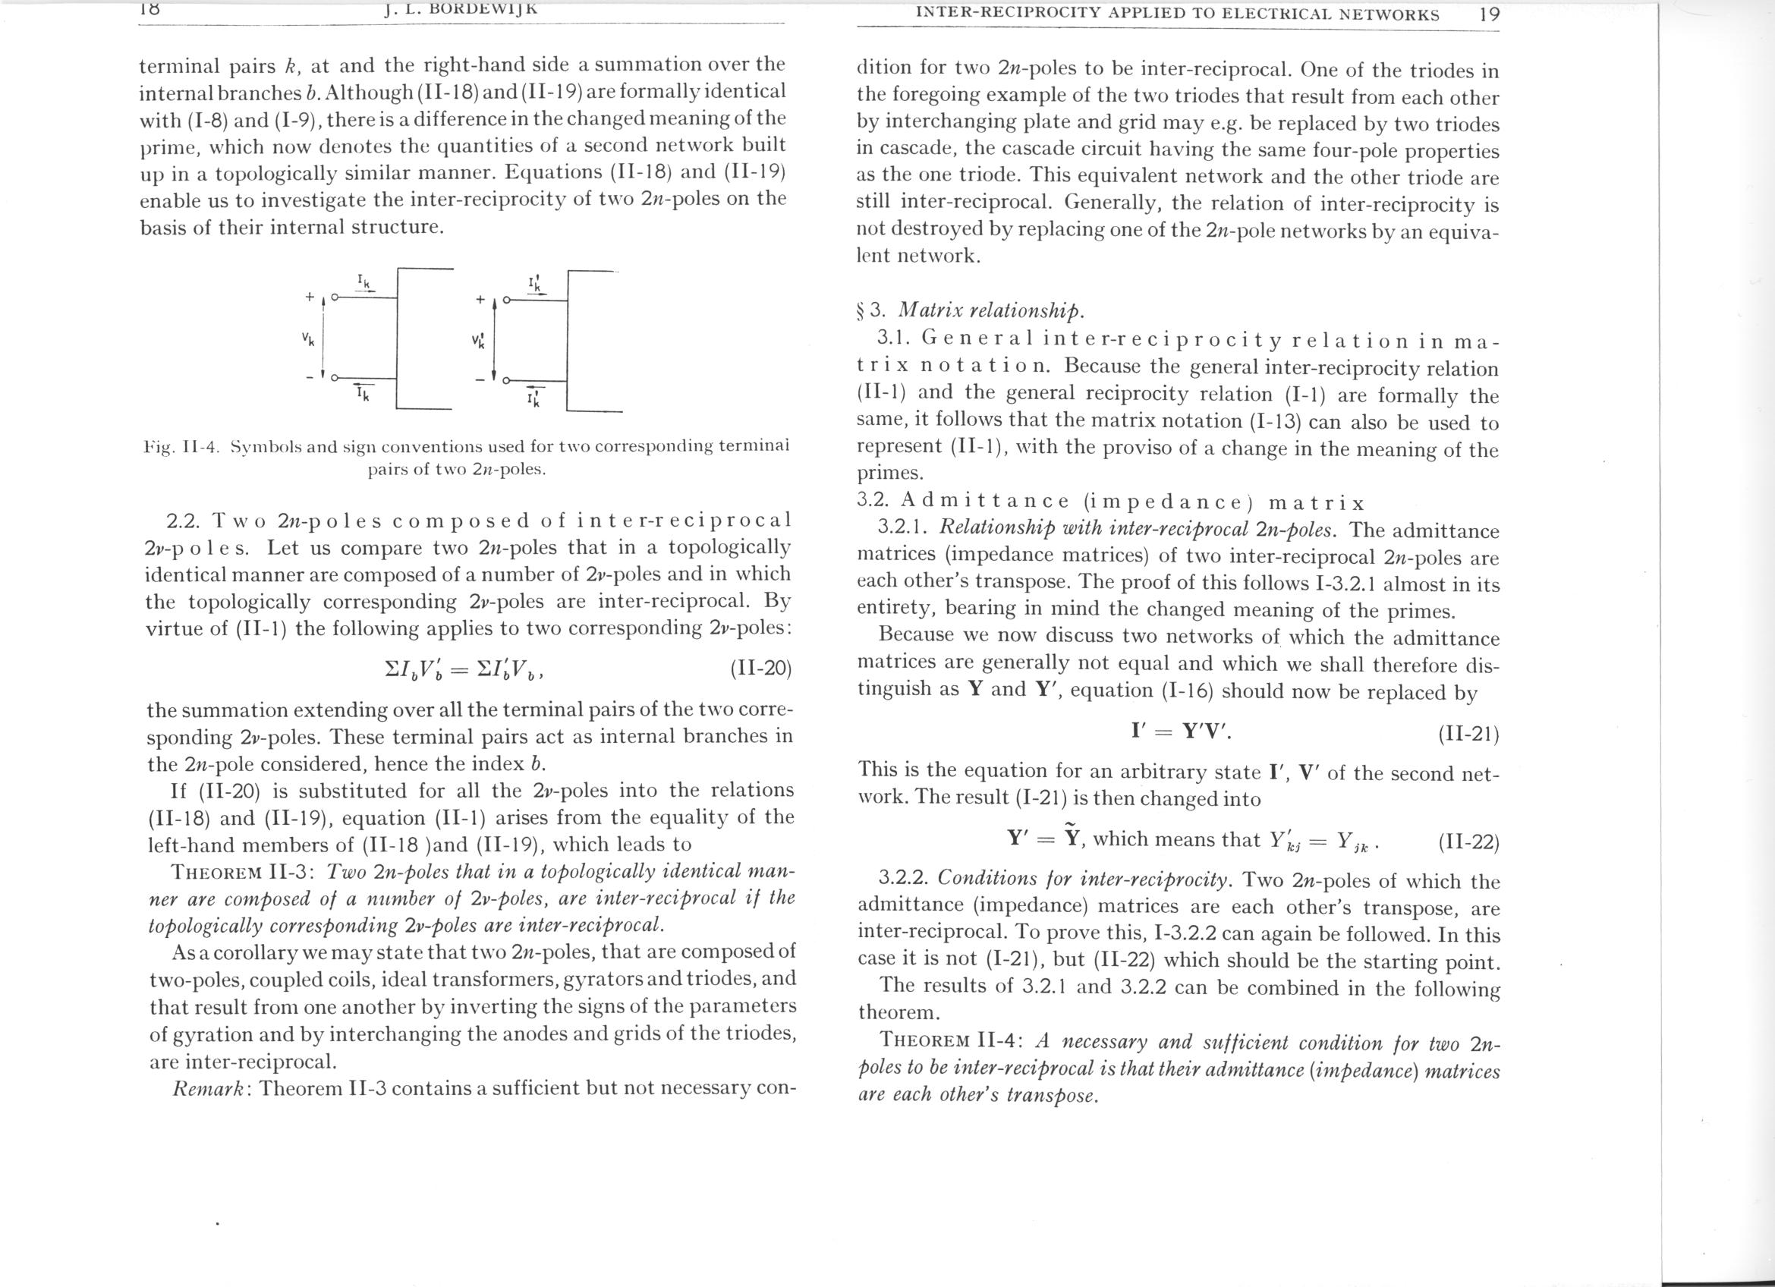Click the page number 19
click(1489, 14)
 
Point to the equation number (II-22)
click(1468, 842)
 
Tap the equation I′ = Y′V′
click(1181, 732)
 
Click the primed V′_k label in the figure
click(478, 341)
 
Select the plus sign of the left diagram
click(310, 297)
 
